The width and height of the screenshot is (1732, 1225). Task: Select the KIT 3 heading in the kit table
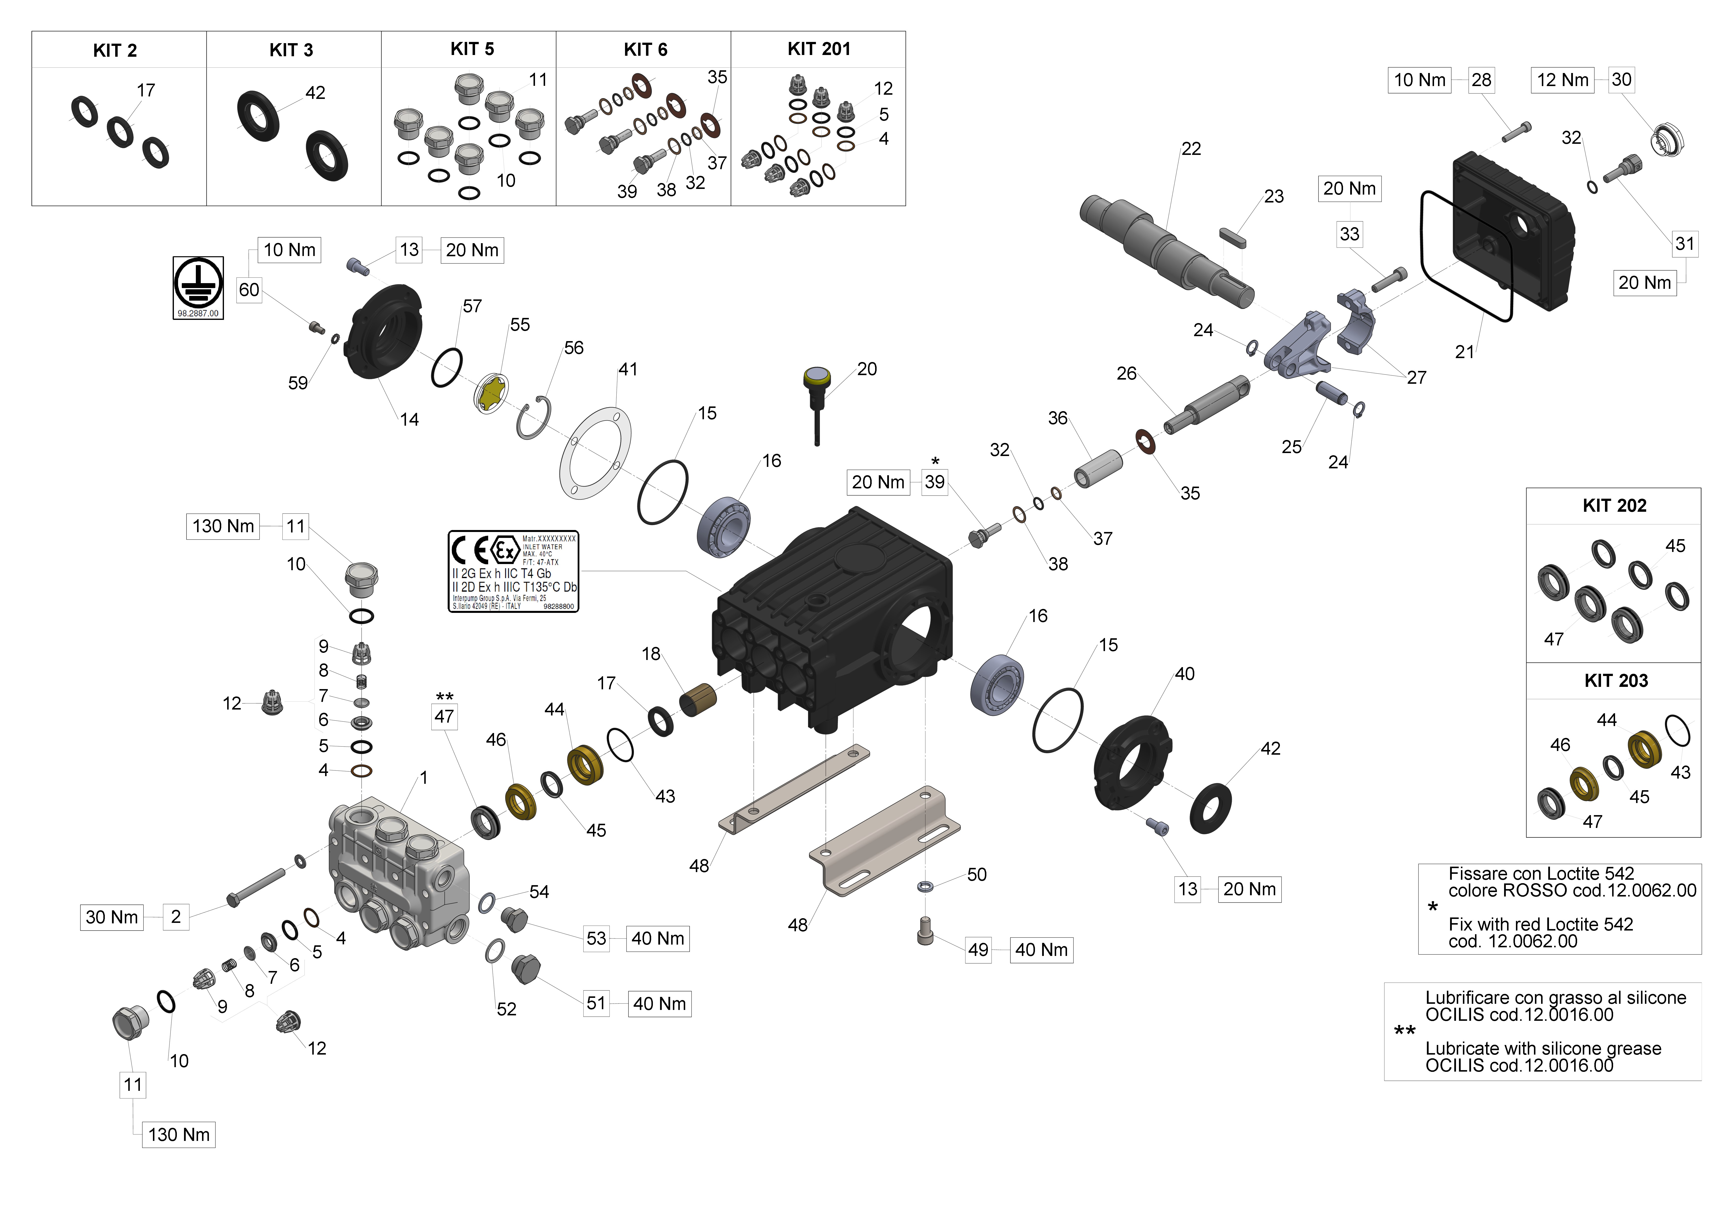291,51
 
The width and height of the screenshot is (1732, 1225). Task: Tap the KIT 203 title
1616,680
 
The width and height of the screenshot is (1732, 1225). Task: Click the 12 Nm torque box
1562,80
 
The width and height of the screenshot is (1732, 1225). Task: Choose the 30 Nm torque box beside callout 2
112,917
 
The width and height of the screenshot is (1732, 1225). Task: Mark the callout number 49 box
978,950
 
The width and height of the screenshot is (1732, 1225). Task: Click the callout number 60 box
249,290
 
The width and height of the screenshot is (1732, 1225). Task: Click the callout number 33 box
1349,234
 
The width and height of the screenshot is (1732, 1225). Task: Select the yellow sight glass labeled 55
491,393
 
